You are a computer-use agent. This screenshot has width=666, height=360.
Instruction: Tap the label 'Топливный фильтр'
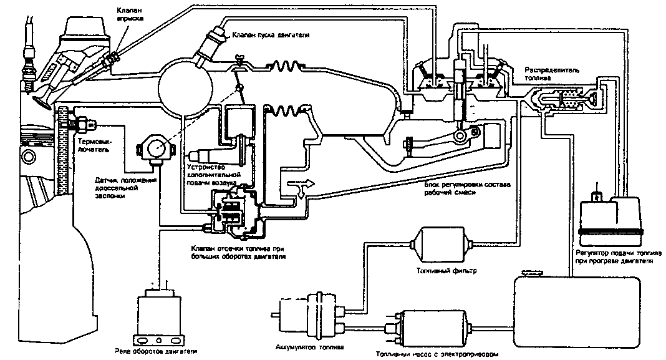(x=446, y=272)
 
